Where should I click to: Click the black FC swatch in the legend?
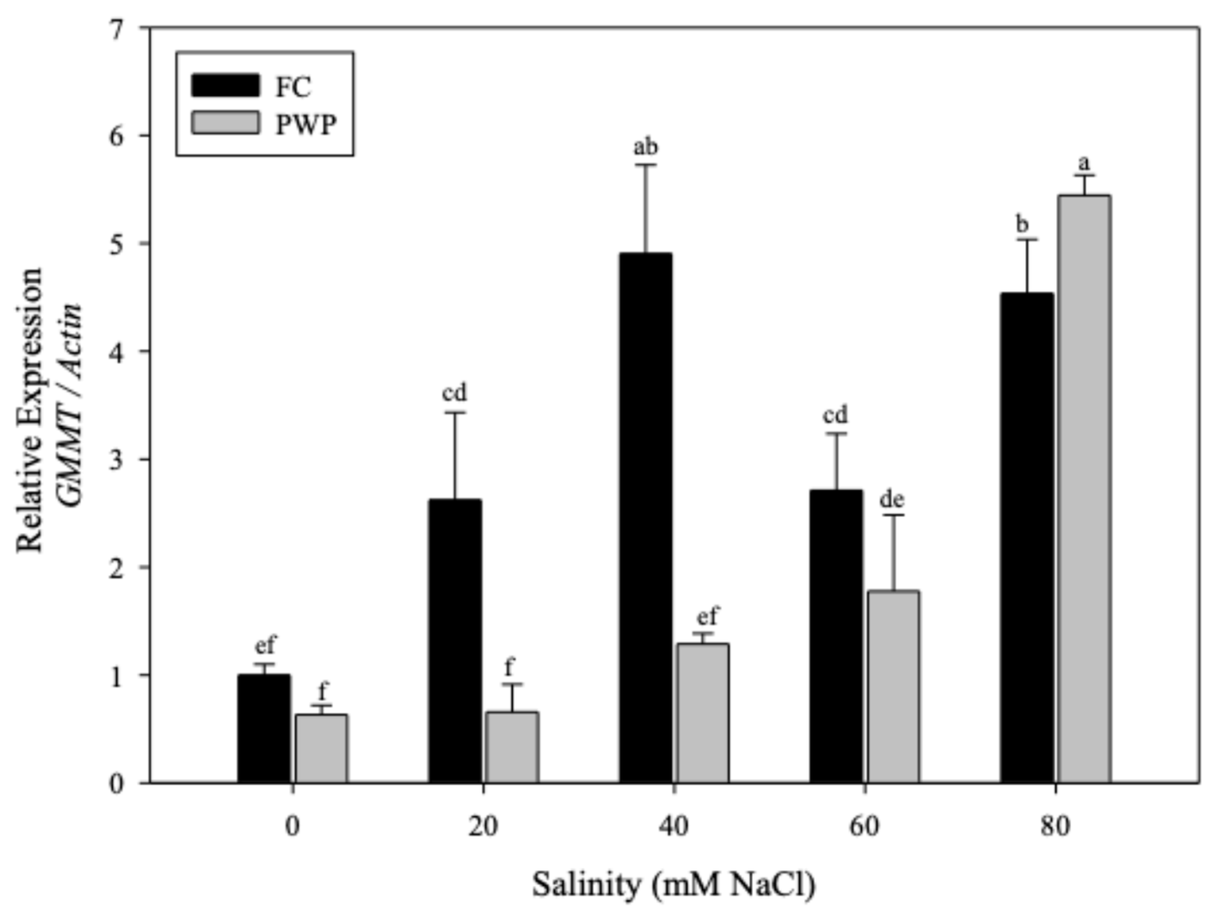[225, 86]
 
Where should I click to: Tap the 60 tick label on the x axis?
[864, 827]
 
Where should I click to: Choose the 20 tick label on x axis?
[483, 827]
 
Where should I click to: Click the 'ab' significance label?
[645, 147]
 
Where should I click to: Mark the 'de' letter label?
[892, 500]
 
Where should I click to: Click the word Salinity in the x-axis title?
[586, 884]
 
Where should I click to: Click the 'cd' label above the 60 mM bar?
[835, 415]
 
